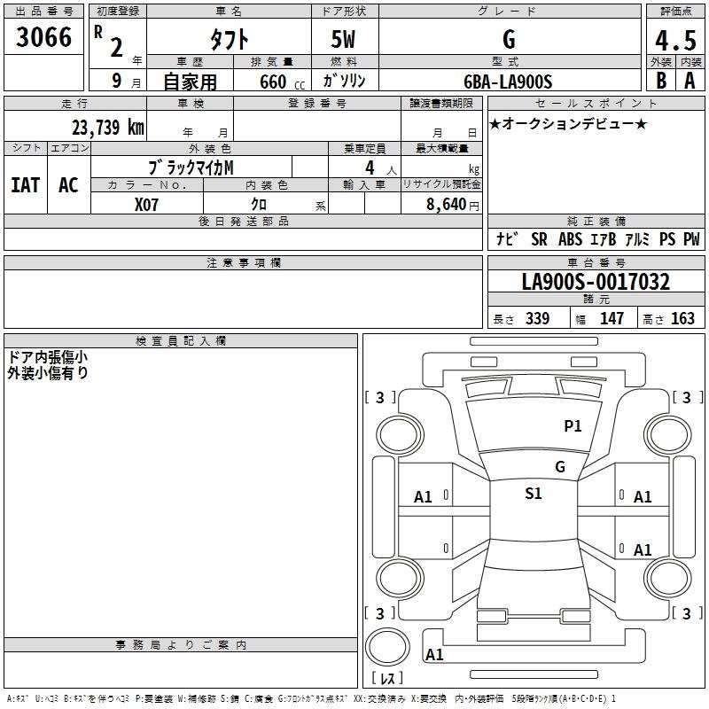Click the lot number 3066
(x=43, y=37)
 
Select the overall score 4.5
(x=675, y=41)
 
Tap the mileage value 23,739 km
(x=108, y=128)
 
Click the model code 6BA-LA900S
(x=508, y=82)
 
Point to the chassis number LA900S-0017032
(x=596, y=282)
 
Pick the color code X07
(x=146, y=205)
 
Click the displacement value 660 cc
(x=282, y=82)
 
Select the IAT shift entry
(x=26, y=185)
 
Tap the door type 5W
(x=343, y=39)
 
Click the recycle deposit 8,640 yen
(x=453, y=205)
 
